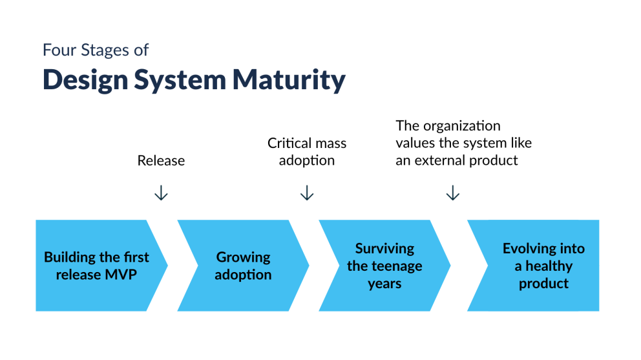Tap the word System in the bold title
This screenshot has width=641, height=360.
click(180, 80)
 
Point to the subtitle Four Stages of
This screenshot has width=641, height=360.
click(96, 50)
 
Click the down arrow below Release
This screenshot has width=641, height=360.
click(161, 193)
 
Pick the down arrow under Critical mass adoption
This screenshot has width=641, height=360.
click(307, 193)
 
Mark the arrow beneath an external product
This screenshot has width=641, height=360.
click(453, 193)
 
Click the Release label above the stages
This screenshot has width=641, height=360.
click(161, 160)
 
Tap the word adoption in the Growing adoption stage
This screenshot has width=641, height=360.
click(243, 275)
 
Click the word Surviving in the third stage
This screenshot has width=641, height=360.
click(384, 248)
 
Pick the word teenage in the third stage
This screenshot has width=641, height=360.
click(397, 266)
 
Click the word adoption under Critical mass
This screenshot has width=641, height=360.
click(307, 160)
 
